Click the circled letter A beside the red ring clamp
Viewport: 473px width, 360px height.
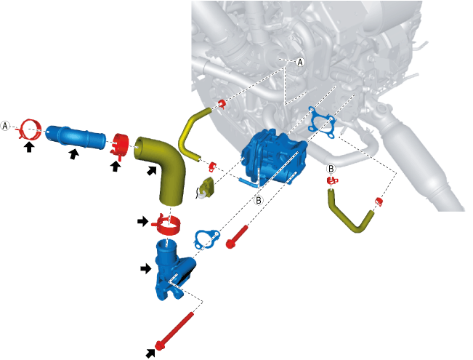coord(7,126)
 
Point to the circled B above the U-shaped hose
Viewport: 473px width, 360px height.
coord(331,169)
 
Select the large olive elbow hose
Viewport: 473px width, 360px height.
coord(161,167)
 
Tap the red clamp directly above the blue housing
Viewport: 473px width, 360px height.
coord(169,224)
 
